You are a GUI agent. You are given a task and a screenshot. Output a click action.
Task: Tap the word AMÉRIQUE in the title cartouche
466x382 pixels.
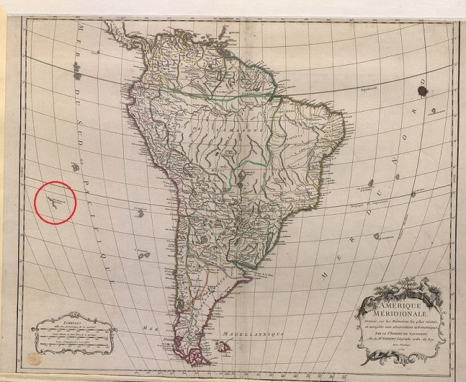coord(400,306)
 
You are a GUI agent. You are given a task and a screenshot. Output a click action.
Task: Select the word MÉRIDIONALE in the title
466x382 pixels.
coord(400,315)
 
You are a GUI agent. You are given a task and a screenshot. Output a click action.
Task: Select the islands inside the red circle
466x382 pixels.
coord(54,200)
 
